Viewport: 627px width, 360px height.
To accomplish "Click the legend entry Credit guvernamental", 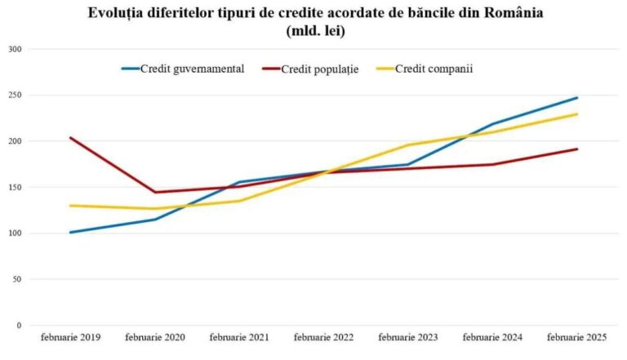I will (x=192, y=69).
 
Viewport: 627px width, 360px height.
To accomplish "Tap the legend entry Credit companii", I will (x=434, y=69).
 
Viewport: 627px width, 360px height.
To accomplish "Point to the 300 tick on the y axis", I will (x=14, y=49).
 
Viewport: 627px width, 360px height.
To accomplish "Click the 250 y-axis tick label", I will (x=14, y=96).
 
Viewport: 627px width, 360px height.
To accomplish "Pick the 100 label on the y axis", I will (x=14, y=233).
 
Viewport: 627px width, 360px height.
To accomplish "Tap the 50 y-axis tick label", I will (x=16, y=279).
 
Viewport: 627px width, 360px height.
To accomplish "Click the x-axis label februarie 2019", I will (x=70, y=336).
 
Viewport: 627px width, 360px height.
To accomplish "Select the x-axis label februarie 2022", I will (x=323, y=336).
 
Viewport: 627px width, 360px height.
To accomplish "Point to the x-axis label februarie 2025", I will (x=576, y=336).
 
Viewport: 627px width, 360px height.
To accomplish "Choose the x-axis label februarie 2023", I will (x=407, y=336).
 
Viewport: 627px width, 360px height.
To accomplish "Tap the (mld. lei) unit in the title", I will (x=314, y=32).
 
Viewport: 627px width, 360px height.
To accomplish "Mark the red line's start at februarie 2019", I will (x=70, y=138).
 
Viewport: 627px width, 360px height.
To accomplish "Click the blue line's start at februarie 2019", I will (x=70, y=233).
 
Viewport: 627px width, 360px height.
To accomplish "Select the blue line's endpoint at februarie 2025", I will (x=577, y=98).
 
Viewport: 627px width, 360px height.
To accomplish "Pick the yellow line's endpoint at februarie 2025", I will (x=577, y=114).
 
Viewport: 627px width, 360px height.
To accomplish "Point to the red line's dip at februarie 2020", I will (x=154, y=193).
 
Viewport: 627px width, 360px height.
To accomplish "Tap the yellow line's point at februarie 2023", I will (x=407, y=145).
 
